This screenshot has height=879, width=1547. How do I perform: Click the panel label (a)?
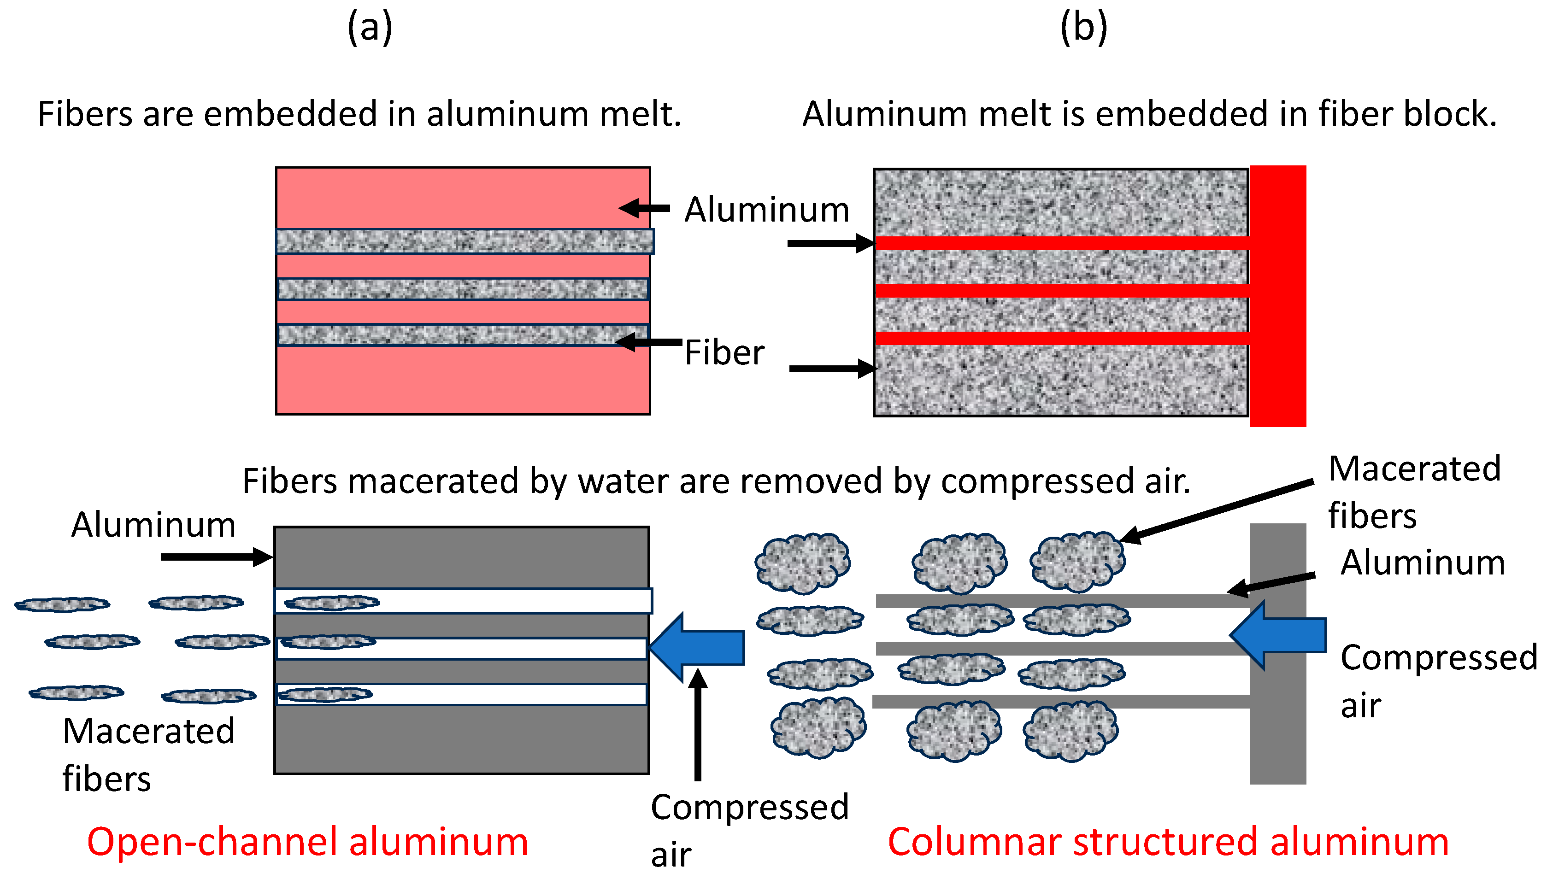(370, 29)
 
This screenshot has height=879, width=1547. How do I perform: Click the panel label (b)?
(1084, 29)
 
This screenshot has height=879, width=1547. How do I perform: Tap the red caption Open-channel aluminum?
(307, 842)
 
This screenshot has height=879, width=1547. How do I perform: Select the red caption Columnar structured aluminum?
(1168, 842)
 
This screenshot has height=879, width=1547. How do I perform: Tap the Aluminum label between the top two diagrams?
(766, 210)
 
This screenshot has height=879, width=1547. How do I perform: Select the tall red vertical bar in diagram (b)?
(1278, 296)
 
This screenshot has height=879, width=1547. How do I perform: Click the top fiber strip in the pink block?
(464, 241)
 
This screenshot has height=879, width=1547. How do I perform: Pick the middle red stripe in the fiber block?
(1062, 290)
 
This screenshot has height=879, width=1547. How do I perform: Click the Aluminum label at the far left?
(153, 525)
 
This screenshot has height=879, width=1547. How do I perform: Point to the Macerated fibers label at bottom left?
(148, 755)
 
